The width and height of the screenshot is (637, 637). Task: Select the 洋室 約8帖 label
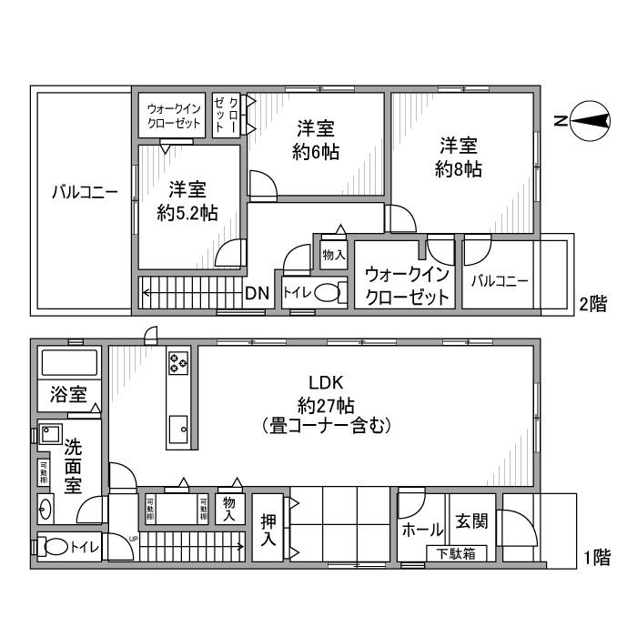tap(459, 157)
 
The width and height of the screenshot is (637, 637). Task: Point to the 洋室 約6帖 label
tap(316, 140)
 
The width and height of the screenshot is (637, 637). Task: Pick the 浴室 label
tap(68, 395)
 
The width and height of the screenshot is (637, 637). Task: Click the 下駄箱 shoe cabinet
tap(455, 552)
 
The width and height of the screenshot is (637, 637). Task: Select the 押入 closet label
tap(268, 531)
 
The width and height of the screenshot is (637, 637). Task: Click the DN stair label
tap(257, 293)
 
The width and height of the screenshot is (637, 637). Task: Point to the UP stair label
tap(135, 539)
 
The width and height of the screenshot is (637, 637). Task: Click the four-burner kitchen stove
tap(178, 364)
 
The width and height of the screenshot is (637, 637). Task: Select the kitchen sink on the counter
tap(179, 426)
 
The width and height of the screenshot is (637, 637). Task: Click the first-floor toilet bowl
tap(56, 548)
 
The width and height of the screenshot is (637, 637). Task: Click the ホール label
tap(422, 530)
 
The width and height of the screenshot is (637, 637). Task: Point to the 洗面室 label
tap(73, 464)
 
